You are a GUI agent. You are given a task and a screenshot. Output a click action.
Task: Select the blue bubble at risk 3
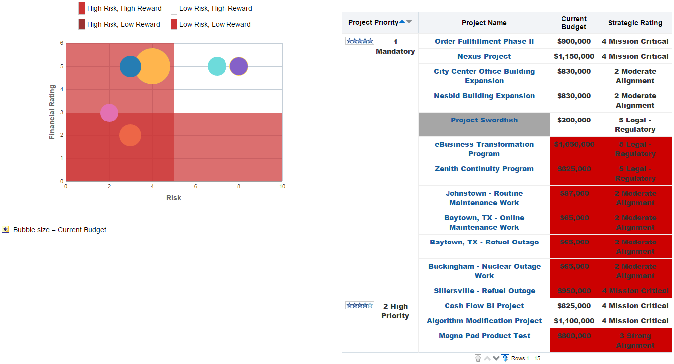[130, 66]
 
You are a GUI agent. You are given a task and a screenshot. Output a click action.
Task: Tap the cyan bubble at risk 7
[217, 66]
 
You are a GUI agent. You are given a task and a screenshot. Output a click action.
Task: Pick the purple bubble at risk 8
[239, 66]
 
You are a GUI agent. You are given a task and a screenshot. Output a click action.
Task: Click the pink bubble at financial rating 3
[109, 113]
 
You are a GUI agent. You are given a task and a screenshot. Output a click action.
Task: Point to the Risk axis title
[174, 198]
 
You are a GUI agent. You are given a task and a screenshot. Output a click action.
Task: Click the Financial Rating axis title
[52, 112]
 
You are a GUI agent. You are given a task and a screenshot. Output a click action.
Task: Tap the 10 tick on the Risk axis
[282, 186]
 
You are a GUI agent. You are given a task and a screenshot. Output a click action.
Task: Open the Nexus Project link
[484, 56]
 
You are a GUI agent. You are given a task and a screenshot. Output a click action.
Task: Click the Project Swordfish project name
[484, 120]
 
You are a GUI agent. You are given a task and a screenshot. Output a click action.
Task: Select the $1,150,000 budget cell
[574, 56]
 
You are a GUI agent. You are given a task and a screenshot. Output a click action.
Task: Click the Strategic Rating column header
[635, 23]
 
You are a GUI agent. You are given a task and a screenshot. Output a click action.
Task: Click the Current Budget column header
[574, 23]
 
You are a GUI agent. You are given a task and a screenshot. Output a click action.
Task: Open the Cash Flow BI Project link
[484, 306]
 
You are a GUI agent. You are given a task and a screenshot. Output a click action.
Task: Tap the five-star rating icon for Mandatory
[360, 41]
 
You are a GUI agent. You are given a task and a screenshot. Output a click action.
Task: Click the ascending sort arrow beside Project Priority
[402, 22]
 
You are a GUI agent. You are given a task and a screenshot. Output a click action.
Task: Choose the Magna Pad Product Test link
[484, 336]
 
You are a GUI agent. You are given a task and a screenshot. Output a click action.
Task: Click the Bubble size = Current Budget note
[59, 230]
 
